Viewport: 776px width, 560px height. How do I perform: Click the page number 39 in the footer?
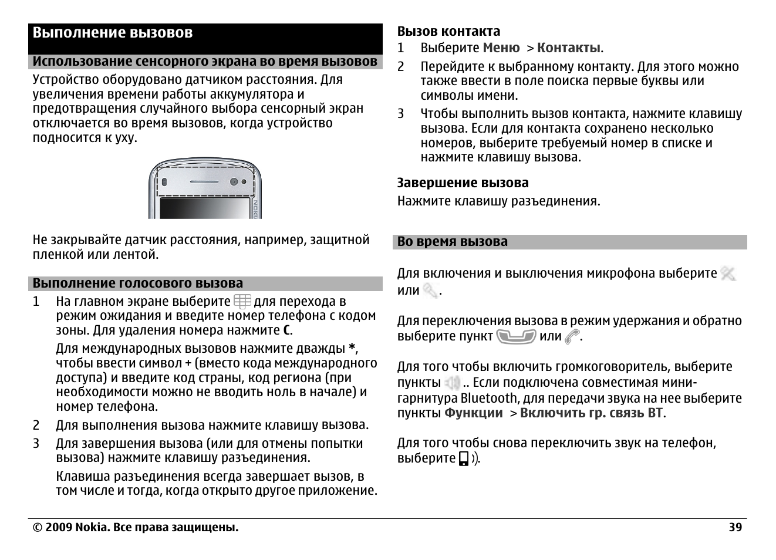click(735, 527)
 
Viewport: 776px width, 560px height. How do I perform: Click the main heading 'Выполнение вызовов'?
click(112, 33)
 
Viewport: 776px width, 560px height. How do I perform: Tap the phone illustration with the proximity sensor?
click(205, 188)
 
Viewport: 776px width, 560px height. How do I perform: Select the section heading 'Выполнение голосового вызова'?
click(137, 284)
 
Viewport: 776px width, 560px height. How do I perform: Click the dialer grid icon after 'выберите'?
click(242, 302)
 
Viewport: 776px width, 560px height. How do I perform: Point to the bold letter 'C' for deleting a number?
click(286, 330)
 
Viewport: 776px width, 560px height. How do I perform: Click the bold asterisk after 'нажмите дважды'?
click(352, 348)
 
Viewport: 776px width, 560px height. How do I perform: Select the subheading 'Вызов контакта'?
click(448, 32)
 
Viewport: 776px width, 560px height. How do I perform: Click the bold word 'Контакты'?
click(568, 48)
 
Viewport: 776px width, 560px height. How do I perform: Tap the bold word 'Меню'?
click(501, 48)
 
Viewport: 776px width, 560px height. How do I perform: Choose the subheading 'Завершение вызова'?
click(463, 183)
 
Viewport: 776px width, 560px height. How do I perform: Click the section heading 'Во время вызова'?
click(452, 242)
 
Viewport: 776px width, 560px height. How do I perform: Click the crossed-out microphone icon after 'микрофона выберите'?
click(728, 274)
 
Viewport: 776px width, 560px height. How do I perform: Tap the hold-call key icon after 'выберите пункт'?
click(515, 336)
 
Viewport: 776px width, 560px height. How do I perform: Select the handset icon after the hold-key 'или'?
click(571, 336)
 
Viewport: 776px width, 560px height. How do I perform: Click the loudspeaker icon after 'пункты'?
click(452, 383)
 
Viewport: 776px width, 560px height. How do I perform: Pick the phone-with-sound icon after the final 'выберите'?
click(468, 458)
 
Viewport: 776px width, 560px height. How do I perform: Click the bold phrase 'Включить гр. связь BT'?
click(591, 413)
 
